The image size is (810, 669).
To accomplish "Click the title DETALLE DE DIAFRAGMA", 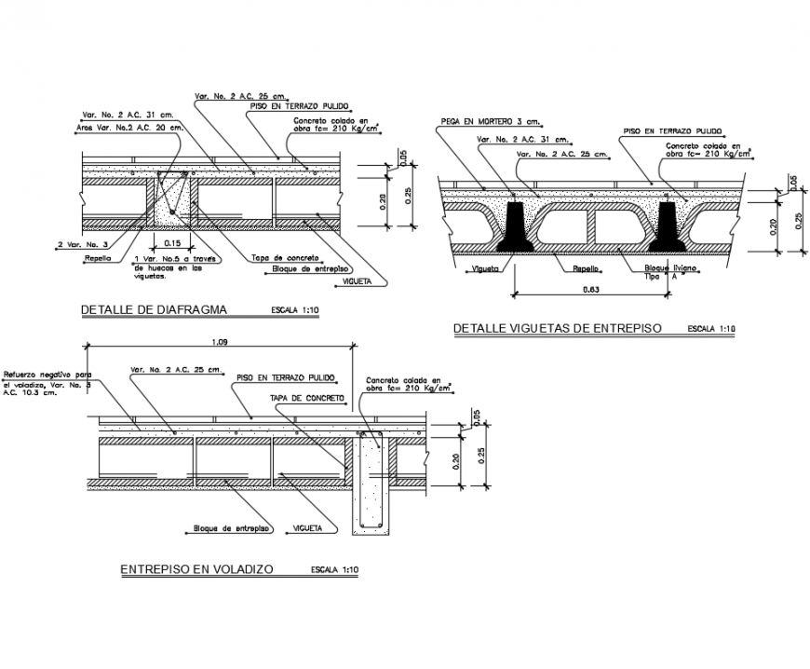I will (x=154, y=310).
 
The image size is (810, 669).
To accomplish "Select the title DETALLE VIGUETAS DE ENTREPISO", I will (x=557, y=329).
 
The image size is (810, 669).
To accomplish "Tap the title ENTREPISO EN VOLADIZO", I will (x=196, y=569).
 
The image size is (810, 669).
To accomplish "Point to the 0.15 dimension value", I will (x=173, y=242).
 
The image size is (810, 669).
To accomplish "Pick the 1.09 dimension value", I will (x=221, y=342).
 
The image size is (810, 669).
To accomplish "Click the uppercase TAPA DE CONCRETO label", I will (x=307, y=397).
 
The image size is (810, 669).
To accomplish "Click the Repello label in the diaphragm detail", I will (x=98, y=258).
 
